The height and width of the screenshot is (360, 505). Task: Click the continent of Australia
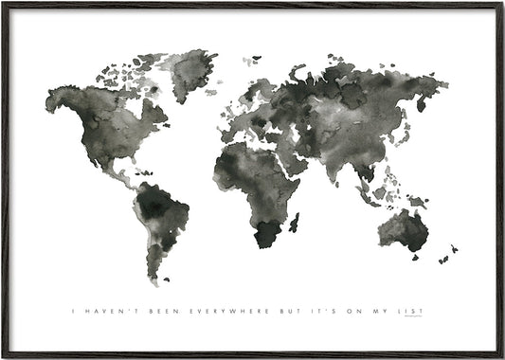coord(405,229)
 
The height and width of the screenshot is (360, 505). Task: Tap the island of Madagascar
coord(295,223)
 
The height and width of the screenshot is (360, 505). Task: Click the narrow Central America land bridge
coord(121,173)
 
